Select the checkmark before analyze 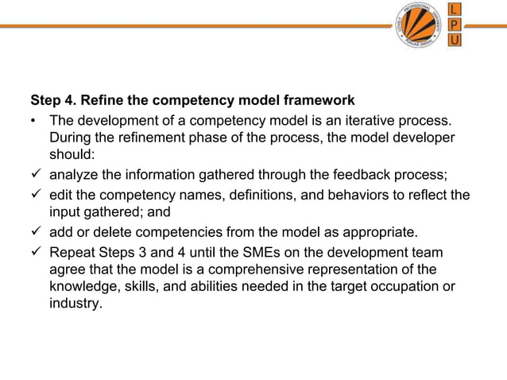(36, 175)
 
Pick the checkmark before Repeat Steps (36, 252)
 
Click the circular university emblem (419, 25)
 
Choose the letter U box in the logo (454, 41)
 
